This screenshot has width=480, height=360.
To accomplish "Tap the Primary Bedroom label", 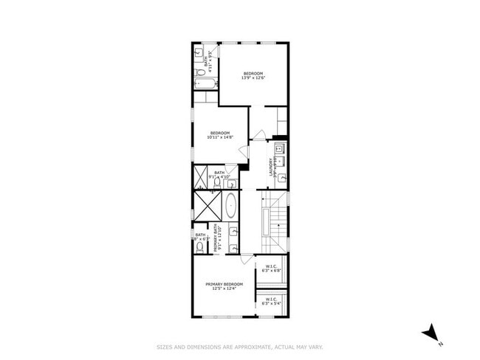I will pyautogui.click(x=224, y=285).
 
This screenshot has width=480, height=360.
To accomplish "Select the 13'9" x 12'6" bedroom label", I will pyautogui.click(x=253, y=76).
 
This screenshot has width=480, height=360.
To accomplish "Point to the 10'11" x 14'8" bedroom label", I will pyautogui.click(x=220, y=135).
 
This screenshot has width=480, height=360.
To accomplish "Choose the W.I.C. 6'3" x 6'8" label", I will pyautogui.click(x=270, y=268).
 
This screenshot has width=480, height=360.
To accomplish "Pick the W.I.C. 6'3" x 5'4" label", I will pyautogui.click(x=270, y=300).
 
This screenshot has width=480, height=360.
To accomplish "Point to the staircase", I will pyautogui.click(x=274, y=221).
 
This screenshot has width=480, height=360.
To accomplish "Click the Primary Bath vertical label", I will pyautogui.click(x=216, y=238).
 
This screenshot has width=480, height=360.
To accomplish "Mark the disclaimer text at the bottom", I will pyautogui.click(x=240, y=346).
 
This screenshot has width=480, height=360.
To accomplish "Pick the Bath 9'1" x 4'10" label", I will pyautogui.click(x=220, y=175).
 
